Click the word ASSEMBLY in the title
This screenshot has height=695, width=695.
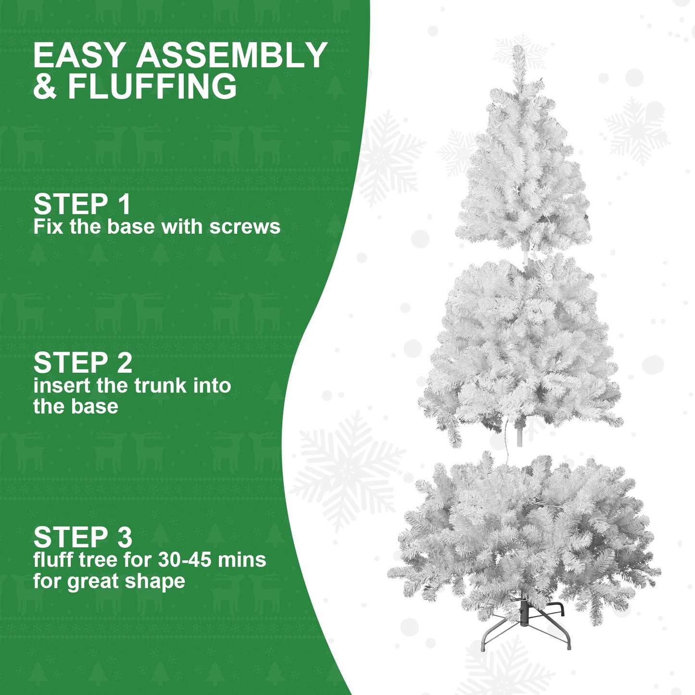pos(231,55)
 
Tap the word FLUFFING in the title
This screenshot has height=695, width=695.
pos(152,87)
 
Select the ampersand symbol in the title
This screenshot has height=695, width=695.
pos(45,87)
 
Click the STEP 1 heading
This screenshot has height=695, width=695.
pos(82,204)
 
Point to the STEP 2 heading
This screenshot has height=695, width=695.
pos(83,363)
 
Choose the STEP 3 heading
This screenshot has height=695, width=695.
pos(83,537)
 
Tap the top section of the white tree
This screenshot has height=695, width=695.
pos(523,168)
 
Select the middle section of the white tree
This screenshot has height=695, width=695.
pos(522,346)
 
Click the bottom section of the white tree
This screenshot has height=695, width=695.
pos(524,534)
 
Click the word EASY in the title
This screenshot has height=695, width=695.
pos(80,55)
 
